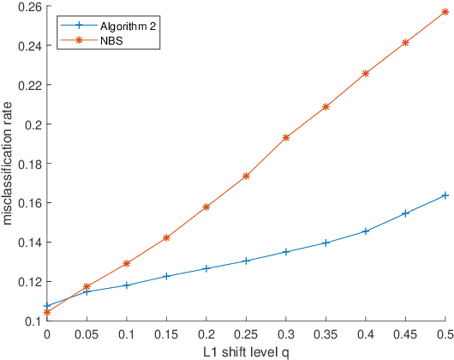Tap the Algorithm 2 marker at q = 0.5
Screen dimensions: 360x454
click(x=445, y=195)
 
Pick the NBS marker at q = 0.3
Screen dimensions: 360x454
click(x=286, y=137)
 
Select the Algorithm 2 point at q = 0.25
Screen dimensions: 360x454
click(x=246, y=261)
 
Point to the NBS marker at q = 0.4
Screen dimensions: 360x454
click(x=366, y=74)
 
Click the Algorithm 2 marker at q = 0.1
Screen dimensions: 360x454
click(x=127, y=285)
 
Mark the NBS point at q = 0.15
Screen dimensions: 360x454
click(x=166, y=237)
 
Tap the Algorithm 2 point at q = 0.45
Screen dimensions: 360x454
click(x=405, y=213)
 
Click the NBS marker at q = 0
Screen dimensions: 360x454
click(x=47, y=312)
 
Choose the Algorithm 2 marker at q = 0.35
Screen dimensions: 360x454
click(x=326, y=243)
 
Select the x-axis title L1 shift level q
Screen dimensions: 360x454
click(x=246, y=351)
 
